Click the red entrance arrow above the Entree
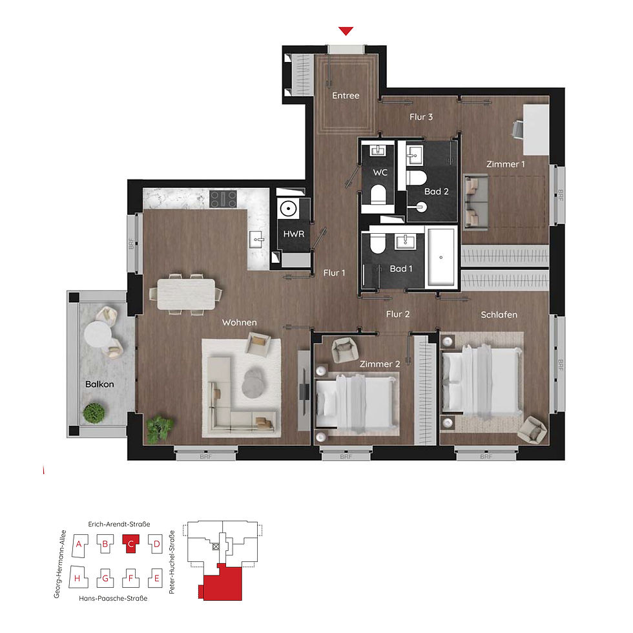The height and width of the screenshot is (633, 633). pos(346,31)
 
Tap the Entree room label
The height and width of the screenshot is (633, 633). pos(346,96)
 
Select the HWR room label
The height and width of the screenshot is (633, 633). pos(293,234)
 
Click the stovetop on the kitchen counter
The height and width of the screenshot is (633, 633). pos(223,199)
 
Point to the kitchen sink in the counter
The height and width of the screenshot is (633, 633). pos(257,240)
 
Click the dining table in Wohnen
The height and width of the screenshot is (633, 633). pos(186,295)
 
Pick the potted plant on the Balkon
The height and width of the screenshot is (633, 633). pos(94,413)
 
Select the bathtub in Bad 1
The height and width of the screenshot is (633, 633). pos(441,257)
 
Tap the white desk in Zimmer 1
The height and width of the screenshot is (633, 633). pos(536,130)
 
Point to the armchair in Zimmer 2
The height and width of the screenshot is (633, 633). pos(344,350)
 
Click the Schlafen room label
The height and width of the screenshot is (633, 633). pos(499,315)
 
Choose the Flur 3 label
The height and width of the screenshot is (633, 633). pos(421,117)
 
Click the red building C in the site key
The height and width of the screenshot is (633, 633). pos(130,544)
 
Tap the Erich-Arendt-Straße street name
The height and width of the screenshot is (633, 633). pos(119,524)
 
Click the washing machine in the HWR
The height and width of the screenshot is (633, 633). pos(288,209)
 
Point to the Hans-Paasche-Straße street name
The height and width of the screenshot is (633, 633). pos(113,598)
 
